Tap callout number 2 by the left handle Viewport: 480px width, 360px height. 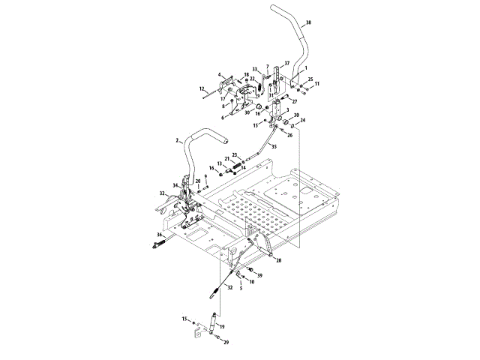177,140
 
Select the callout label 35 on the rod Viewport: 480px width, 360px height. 273,146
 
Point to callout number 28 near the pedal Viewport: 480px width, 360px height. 279,260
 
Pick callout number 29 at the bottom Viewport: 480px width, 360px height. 226,342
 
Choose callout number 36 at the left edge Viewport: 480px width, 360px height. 159,235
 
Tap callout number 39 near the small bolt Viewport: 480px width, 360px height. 259,276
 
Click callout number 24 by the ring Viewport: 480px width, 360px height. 302,121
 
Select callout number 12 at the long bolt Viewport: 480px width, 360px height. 202,89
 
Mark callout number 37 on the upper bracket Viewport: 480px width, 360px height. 287,62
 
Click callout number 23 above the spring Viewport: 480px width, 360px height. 234,154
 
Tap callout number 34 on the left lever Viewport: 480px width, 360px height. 175,185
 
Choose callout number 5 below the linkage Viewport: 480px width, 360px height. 241,287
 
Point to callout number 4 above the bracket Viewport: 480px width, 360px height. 220,75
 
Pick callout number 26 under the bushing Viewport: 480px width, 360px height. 289,136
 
